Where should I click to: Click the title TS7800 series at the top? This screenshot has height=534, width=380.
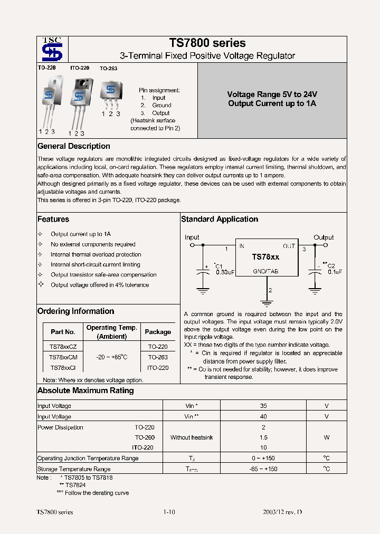click(x=207, y=43)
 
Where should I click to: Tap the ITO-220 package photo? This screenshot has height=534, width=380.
click(x=80, y=100)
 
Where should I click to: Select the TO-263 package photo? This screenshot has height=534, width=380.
click(x=110, y=93)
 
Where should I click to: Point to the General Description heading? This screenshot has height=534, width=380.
click(x=74, y=146)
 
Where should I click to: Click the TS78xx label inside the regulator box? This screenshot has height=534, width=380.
click(x=265, y=257)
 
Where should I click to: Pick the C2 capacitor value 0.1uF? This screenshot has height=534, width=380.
click(x=335, y=272)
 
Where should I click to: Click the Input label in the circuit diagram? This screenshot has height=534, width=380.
click(x=192, y=237)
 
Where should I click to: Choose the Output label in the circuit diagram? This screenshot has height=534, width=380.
click(x=324, y=237)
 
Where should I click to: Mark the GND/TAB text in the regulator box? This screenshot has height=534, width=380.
click(x=265, y=271)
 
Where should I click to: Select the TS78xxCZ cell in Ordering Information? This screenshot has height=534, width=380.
click(x=63, y=347)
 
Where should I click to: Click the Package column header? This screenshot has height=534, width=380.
click(x=158, y=332)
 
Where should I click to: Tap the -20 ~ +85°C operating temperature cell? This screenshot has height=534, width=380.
click(x=111, y=357)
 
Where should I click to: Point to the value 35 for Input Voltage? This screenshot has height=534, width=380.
click(x=263, y=406)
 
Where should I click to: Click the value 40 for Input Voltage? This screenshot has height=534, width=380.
click(x=263, y=416)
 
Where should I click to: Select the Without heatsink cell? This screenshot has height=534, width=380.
click(x=192, y=437)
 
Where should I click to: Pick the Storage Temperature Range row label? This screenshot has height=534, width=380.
click(x=74, y=469)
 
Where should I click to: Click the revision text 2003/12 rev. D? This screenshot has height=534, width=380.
click(x=282, y=512)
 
